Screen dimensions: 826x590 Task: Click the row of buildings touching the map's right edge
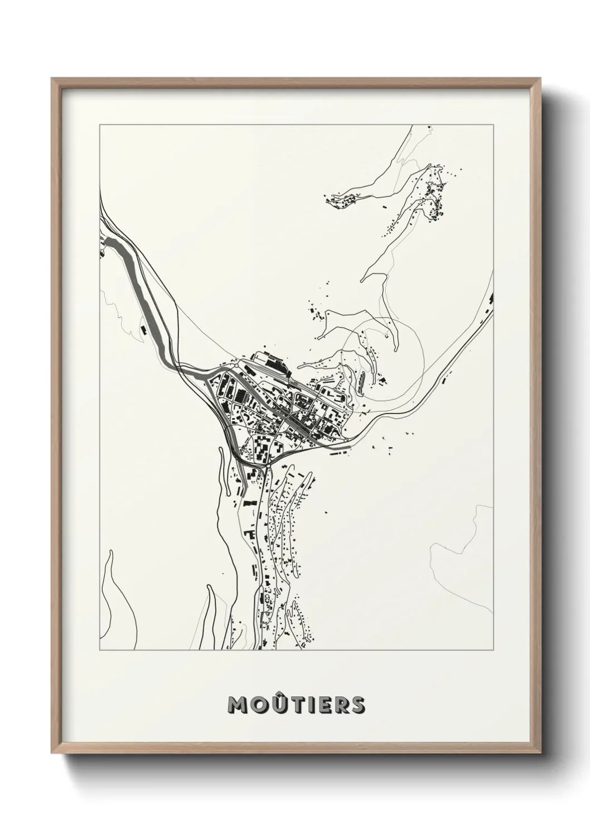click(x=489, y=304)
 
